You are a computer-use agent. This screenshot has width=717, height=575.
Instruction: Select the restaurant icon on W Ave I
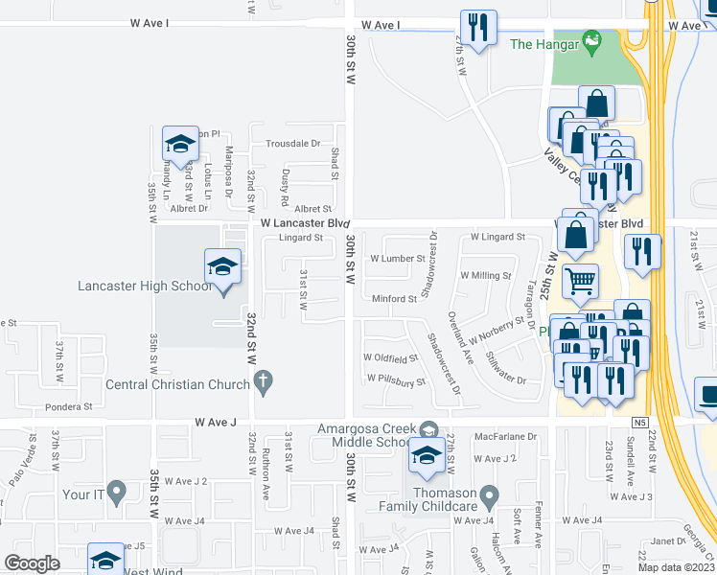click(x=476, y=27)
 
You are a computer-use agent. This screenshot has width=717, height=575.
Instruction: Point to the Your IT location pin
click(x=117, y=494)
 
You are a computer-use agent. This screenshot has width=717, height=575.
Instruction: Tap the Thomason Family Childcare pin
click(x=490, y=497)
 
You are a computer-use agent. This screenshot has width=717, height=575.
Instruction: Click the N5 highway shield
click(x=639, y=422)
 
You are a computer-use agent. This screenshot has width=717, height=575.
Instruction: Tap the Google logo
click(x=32, y=563)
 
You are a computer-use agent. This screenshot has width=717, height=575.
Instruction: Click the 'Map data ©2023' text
click(x=677, y=567)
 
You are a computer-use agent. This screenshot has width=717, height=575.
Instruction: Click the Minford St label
click(x=395, y=299)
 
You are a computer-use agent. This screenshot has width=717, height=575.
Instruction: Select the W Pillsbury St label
click(x=395, y=380)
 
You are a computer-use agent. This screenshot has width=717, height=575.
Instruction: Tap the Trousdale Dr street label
click(x=292, y=143)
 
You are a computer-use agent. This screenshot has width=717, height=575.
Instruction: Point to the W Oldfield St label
click(x=390, y=357)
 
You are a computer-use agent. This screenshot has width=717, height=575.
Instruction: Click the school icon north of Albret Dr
click(x=179, y=145)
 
